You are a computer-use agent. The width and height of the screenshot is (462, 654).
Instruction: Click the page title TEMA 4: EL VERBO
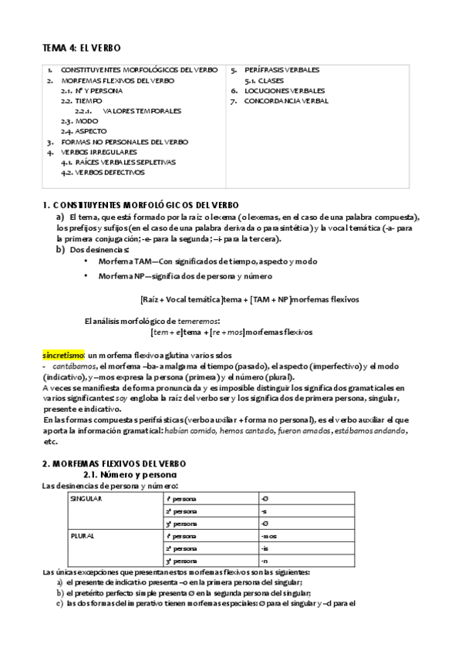pos(81,48)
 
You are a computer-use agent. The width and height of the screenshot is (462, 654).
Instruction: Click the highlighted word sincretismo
pos(63,354)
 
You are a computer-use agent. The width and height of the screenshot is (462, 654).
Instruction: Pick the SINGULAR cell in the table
pos(86,499)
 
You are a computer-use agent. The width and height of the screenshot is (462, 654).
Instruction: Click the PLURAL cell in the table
pos(82,534)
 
